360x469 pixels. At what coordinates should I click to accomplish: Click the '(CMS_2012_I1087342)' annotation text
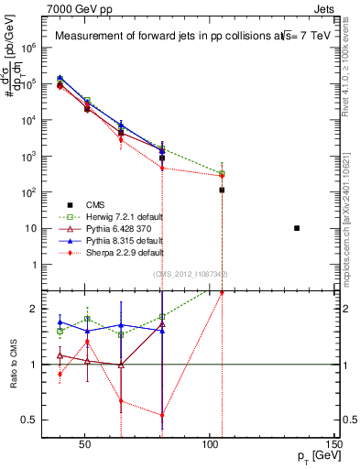[x=190, y=274]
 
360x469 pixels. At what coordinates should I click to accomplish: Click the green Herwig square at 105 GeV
[x=222, y=173]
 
